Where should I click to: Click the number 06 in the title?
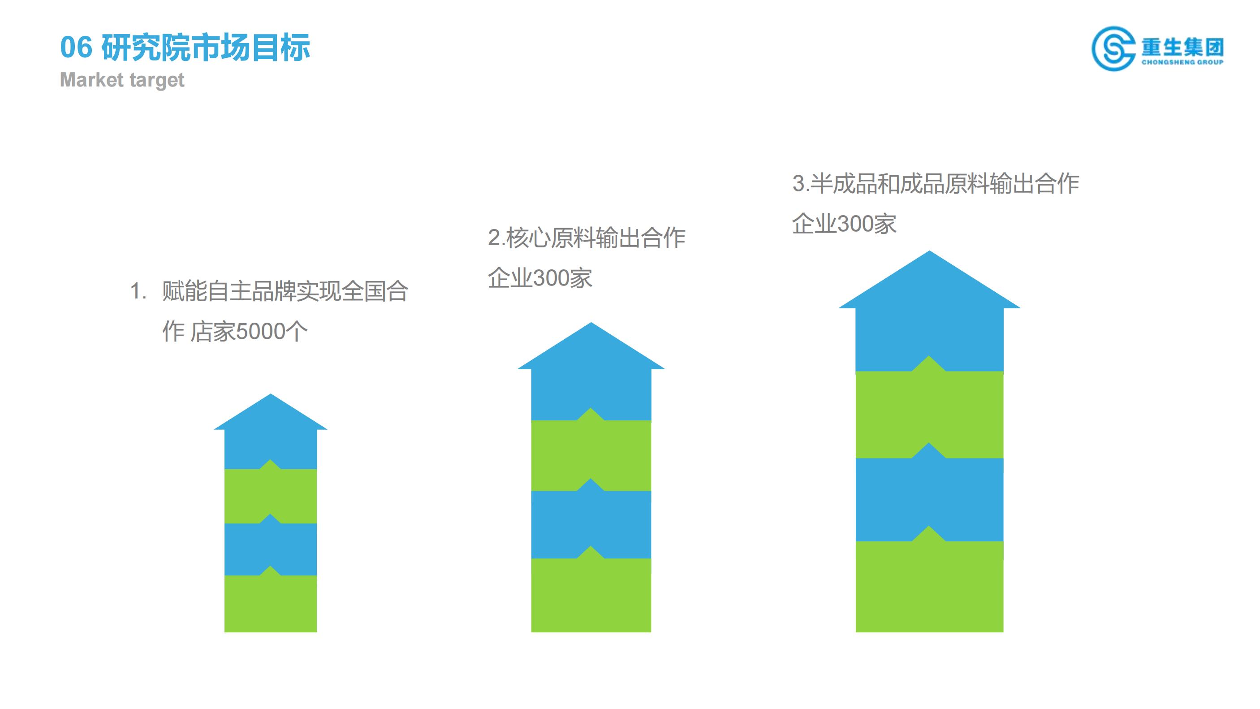[76, 48]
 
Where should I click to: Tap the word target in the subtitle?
[157, 80]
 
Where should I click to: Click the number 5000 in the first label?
[261, 332]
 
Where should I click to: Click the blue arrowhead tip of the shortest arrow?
[271, 394]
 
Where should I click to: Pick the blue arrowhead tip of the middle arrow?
[591, 323]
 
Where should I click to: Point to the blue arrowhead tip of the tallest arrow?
[929, 251]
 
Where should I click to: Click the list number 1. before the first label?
[138, 292]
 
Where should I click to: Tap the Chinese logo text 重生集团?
[1183, 48]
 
